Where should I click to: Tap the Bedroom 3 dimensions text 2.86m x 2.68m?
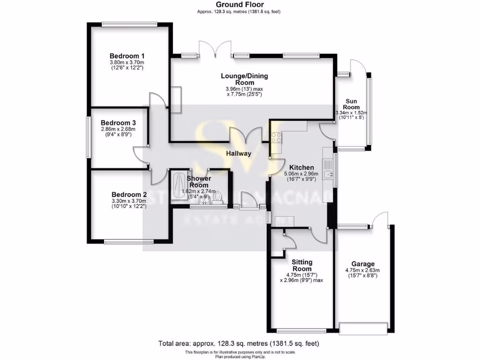pyautogui.click(x=118, y=129)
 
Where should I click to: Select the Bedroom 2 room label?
pyautogui.click(x=129, y=194)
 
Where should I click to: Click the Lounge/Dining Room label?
pyautogui.click(x=245, y=79)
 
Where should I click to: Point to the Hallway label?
pyautogui.click(x=239, y=153)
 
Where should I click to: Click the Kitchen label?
pyautogui.click(x=301, y=167)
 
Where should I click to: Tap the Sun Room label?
pyautogui.click(x=352, y=104)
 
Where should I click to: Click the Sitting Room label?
pyautogui.click(x=302, y=265)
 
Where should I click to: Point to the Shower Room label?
pyautogui.click(x=199, y=181)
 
